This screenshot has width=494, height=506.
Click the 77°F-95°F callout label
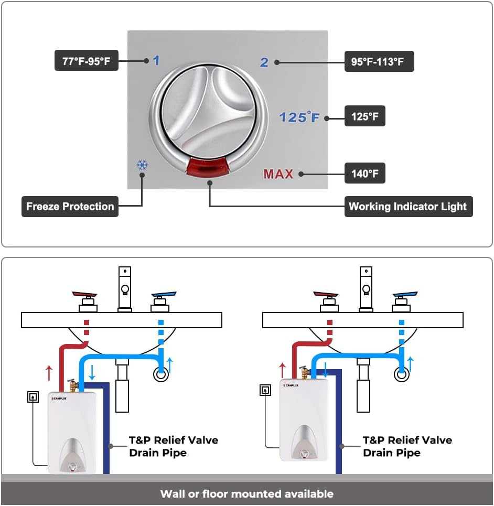tap(87, 60)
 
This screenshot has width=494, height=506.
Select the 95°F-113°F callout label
tap(379, 61)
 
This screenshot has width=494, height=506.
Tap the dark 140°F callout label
tap(364, 174)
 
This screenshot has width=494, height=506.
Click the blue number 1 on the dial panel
tap(156, 60)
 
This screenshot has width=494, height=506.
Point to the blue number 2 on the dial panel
tap(264, 62)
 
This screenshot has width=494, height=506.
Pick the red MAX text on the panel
tap(278, 174)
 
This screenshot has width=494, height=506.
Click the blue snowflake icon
tap(142, 165)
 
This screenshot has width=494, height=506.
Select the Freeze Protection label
tap(70, 206)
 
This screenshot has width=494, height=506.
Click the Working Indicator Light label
tap(407, 206)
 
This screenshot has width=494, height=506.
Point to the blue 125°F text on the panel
tap(299, 117)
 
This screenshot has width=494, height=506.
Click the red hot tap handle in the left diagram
tap(85, 295)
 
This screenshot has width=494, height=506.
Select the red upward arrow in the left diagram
tap(49, 373)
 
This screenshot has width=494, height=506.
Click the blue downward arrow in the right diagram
tap(326, 369)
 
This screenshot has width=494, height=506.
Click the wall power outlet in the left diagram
tap(34, 396)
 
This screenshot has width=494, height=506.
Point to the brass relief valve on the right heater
tap(305, 372)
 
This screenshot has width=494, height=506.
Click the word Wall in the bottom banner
tap(173, 493)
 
